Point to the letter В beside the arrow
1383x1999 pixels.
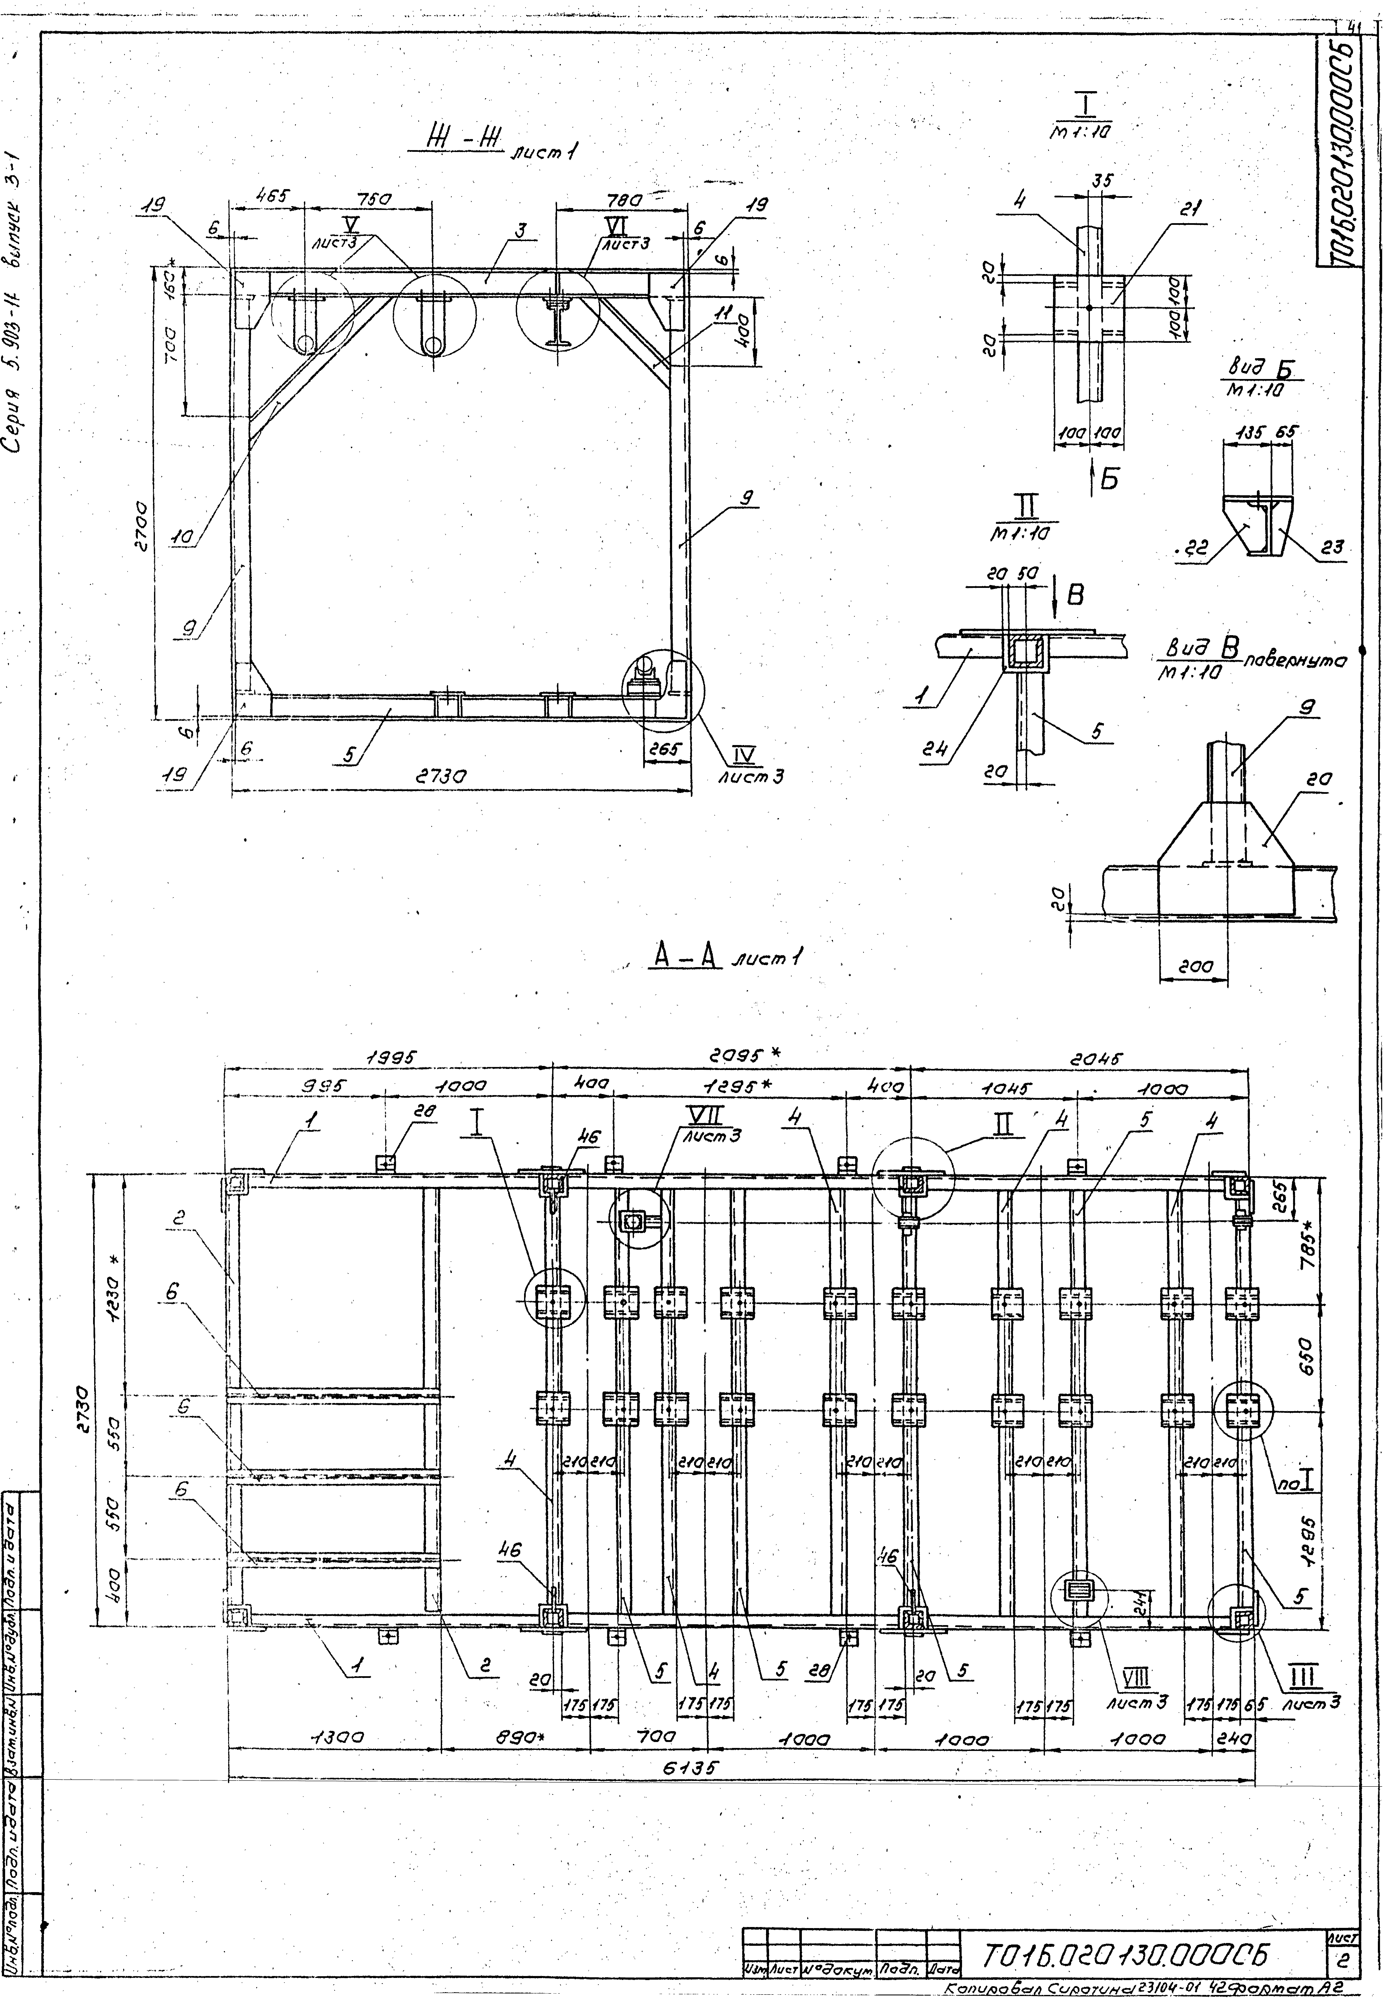[1075, 595]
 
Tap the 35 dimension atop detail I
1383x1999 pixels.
[1101, 181]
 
